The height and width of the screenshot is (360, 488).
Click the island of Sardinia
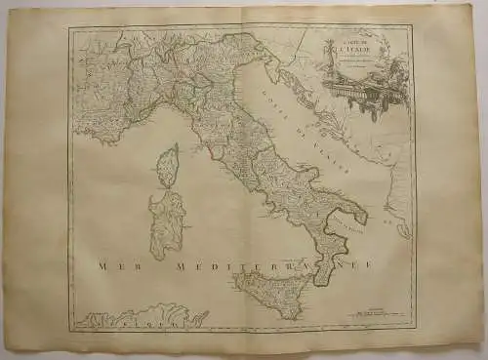point(165,223)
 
